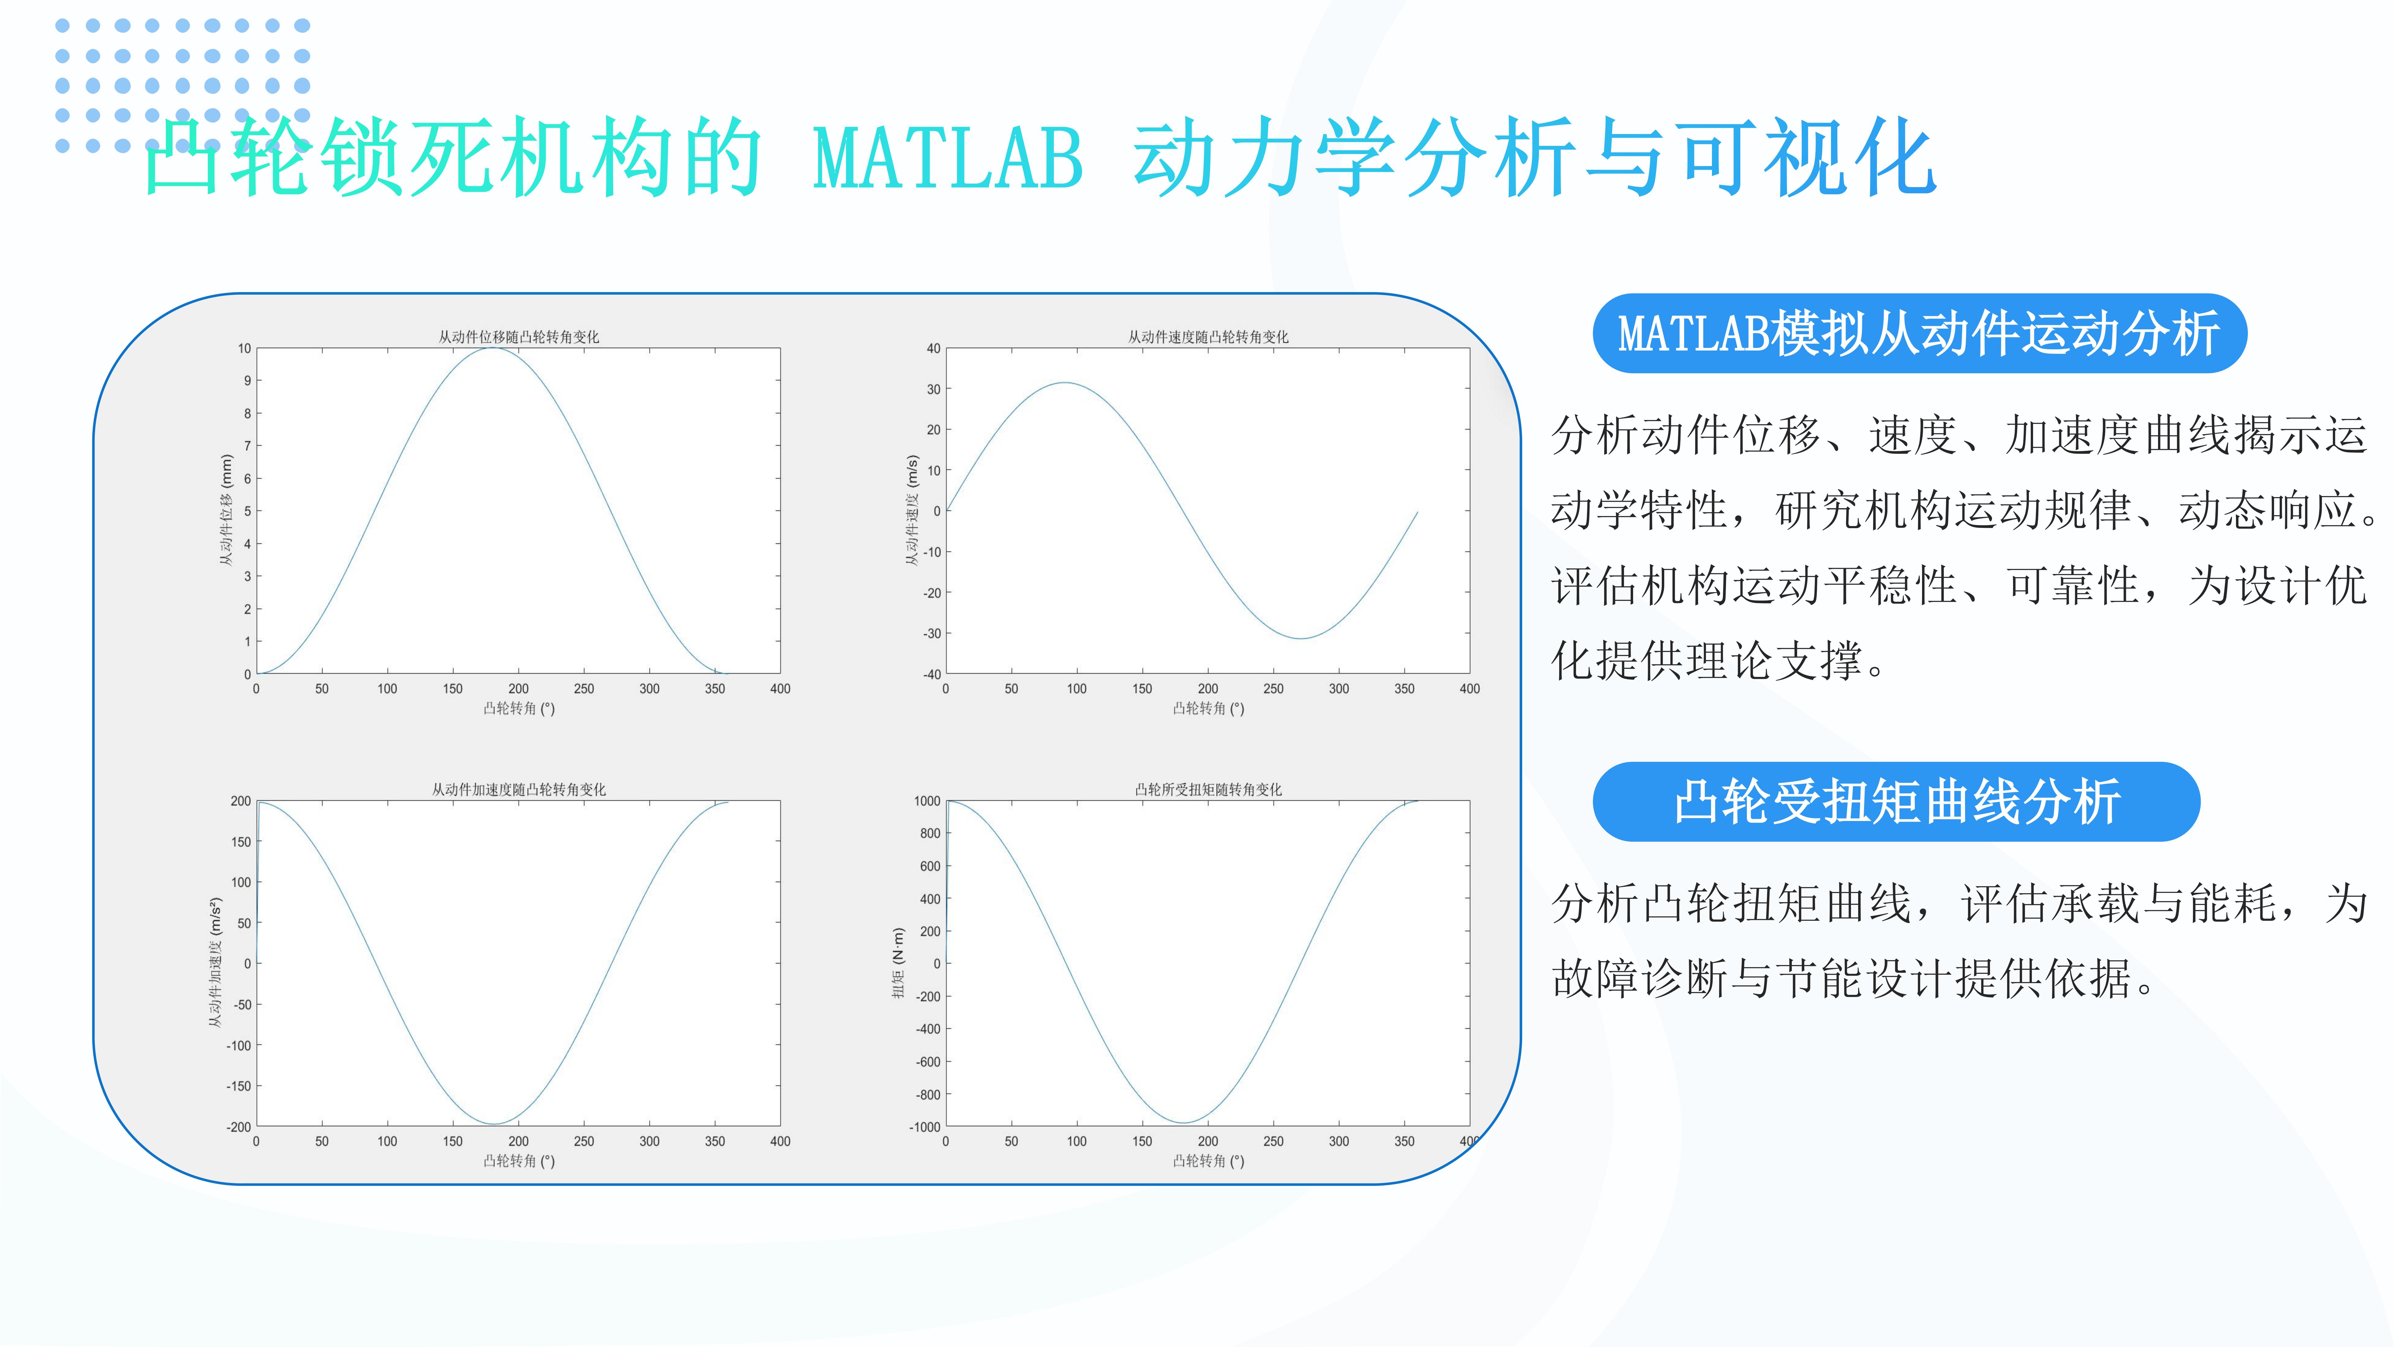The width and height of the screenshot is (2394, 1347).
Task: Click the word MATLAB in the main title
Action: (948, 158)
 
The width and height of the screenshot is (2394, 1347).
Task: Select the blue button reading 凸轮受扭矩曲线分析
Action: (1896, 801)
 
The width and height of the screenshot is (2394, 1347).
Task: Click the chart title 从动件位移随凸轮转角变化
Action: (519, 336)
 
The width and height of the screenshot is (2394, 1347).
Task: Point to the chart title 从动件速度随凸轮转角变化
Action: (1208, 336)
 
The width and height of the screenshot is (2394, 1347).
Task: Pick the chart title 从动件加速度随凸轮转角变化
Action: (519, 789)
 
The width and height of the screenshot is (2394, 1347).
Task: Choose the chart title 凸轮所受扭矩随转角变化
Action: (1208, 789)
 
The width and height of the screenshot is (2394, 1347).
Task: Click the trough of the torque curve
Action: (1182, 1122)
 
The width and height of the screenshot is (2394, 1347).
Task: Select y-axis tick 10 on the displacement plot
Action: (244, 349)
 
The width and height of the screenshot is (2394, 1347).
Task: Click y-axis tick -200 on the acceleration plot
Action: (239, 1127)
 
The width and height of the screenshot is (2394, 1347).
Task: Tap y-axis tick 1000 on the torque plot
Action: (927, 800)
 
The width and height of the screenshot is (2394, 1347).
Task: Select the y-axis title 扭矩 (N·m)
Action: (898, 963)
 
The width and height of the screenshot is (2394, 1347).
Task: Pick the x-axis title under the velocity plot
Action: (1208, 708)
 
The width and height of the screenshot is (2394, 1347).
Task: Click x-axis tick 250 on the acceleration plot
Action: (584, 1141)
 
